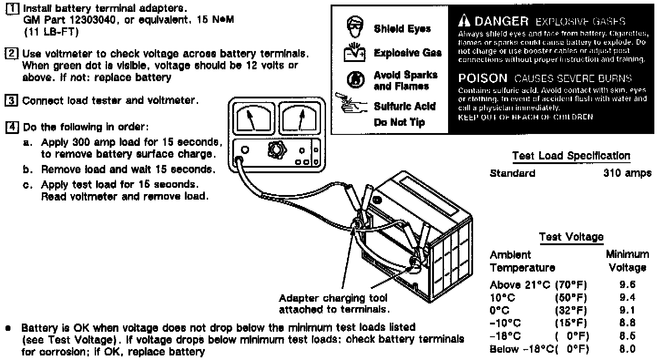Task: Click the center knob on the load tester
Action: pos(275,150)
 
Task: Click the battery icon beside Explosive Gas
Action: pos(354,54)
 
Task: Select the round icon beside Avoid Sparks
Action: pos(354,80)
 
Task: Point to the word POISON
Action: pos(482,78)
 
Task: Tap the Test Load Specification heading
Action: pos(571,156)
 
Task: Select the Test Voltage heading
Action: pos(571,237)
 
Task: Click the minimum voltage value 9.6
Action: pos(627,285)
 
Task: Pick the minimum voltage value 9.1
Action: pos(627,311)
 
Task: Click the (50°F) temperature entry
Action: pos(571,298)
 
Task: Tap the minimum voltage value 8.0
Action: pos(627,350)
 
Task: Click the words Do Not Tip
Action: pos(399,123)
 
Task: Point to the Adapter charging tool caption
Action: pos(334,304)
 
